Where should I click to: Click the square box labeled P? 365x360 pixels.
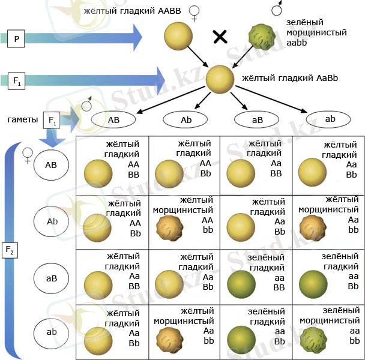tap(16, 40)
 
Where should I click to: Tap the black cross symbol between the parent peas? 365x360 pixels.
tap(220, 38)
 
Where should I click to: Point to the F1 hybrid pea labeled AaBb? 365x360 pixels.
tap(220, 79)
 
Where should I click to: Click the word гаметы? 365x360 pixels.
tap(23, 120)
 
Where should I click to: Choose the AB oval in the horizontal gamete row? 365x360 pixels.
tap(113, 119)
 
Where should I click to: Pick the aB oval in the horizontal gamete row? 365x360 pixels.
tap(257, 119)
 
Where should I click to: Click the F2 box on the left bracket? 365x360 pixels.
tap(10, 249)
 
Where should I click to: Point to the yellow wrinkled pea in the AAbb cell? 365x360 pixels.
tap(168, 228)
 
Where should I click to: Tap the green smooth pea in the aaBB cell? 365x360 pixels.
tap(240, 282)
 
